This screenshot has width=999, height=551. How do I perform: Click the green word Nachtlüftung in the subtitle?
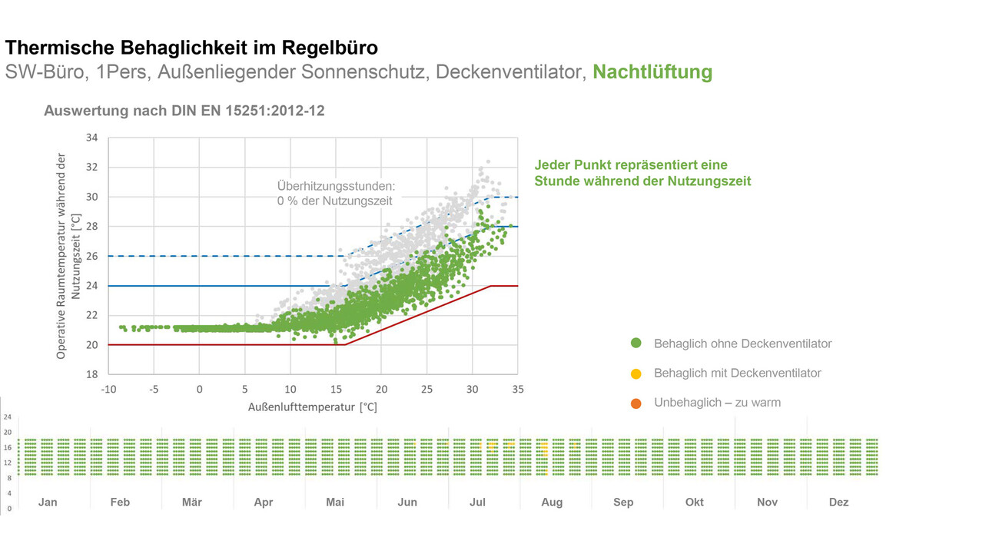[652, 72]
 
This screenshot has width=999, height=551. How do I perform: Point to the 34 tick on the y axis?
[91, 138]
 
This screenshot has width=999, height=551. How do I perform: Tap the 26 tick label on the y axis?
[91, 256]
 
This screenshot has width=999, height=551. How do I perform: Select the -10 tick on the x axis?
[108, 390]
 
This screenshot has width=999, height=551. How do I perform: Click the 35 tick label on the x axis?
[517, 390]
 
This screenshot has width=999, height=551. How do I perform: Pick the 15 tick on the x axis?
[336, 390]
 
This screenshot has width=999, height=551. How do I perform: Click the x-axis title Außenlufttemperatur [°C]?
[313, 407]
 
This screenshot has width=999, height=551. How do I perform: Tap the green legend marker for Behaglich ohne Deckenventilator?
[636, 344]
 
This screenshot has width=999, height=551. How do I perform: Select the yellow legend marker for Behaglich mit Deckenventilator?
[636, 373]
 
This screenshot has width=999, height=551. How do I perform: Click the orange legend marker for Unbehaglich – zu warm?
[636, 403]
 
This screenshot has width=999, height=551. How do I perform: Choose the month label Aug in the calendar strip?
[552, 502]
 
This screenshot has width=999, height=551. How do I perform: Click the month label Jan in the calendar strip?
[48, 502]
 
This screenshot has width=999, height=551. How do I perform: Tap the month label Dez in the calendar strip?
[838, 502]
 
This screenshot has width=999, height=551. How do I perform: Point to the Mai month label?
[335, 502]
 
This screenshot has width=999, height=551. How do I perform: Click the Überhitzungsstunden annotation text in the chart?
[336, 186]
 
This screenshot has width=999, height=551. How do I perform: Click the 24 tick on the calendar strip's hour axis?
[8, 417]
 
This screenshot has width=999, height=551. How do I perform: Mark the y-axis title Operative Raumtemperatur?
[61, 256]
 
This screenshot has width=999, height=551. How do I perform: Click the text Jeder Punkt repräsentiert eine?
[630, 165]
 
